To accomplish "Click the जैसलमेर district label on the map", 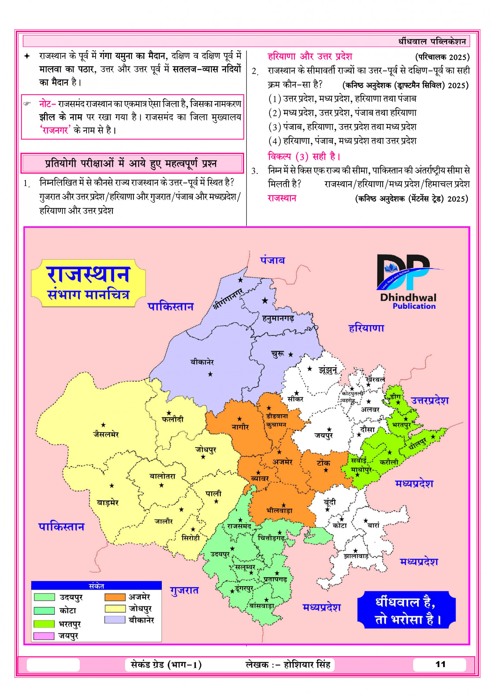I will point(106,435).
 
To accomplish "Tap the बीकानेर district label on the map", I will point(202,362).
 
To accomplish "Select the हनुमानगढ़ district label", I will point(278,318).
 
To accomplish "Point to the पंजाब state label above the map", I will point(272,260).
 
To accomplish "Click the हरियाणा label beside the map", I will point(366,328).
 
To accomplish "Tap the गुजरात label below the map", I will point(184,590).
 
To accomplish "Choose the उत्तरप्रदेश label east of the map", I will point(430,400).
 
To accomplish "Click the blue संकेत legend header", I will point(96,586).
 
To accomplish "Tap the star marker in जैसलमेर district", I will point(103,425).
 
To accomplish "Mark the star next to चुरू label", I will point(290,354).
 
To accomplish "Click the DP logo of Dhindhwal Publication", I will point(404,272).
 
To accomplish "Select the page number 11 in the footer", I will point(440,664).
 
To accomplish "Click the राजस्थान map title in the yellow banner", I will point(88,275).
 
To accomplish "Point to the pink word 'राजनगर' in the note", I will point(55,130).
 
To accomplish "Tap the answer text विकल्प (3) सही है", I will point(304,156).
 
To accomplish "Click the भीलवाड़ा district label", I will point(279,511).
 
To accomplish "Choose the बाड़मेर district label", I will point(108,503).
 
